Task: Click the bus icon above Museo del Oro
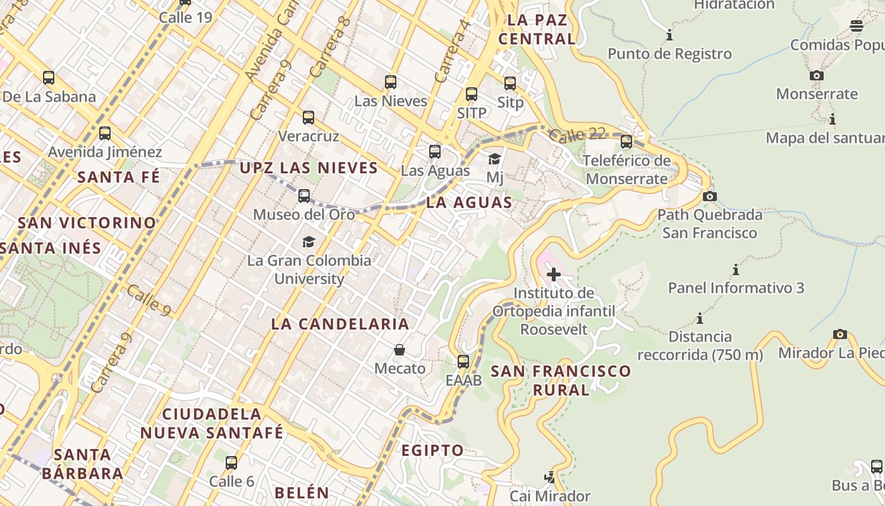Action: [304, 196]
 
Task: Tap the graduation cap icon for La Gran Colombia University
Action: [308, 242]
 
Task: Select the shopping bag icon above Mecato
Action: [400, 350]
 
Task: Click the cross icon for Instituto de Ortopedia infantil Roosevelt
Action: [554, 275]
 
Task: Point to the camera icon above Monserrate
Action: [817, 76]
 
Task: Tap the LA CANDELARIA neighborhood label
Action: [340, 324]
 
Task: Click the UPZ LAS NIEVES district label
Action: [308, 168]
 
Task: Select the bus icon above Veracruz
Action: [308, 118]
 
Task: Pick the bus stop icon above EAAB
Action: [463, 362]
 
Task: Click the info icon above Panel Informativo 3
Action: [736, 270]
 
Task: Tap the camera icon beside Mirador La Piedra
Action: [840, 334]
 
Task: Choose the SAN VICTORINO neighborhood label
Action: [87, 223]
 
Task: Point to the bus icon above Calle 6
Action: [231, 463]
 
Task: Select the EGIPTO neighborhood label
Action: [432, 450]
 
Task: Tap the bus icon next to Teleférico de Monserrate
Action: [626, 142]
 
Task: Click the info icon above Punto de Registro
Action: [669, 35]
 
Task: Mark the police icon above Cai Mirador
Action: [550, 477]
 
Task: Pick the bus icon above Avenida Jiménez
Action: [105, 133]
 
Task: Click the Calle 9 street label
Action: [149, 300]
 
